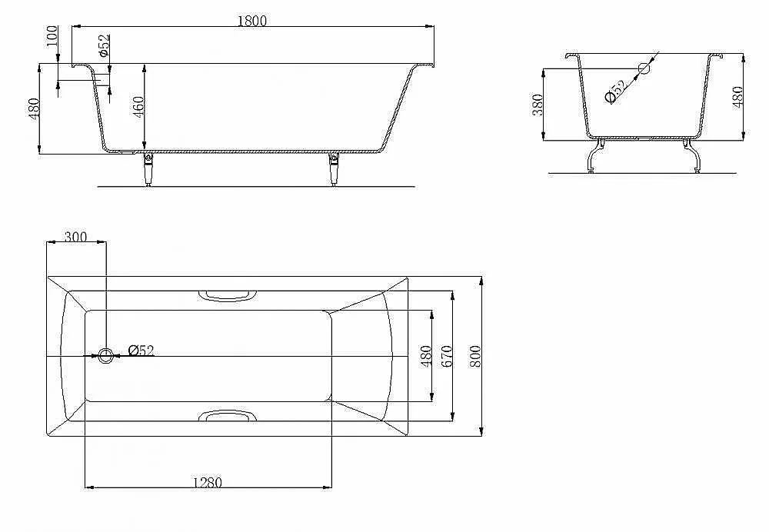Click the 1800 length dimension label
pos(252,21)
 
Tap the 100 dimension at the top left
pos(52,36)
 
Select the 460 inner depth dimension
pos(138,107)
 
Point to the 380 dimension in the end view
pos(538,105)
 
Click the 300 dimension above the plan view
pos(75,237)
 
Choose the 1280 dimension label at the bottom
pos(207,483)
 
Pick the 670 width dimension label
pos(446,357)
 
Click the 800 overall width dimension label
pos(475,357)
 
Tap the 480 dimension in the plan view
pos(426,357)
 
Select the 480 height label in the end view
pos(737,97)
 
